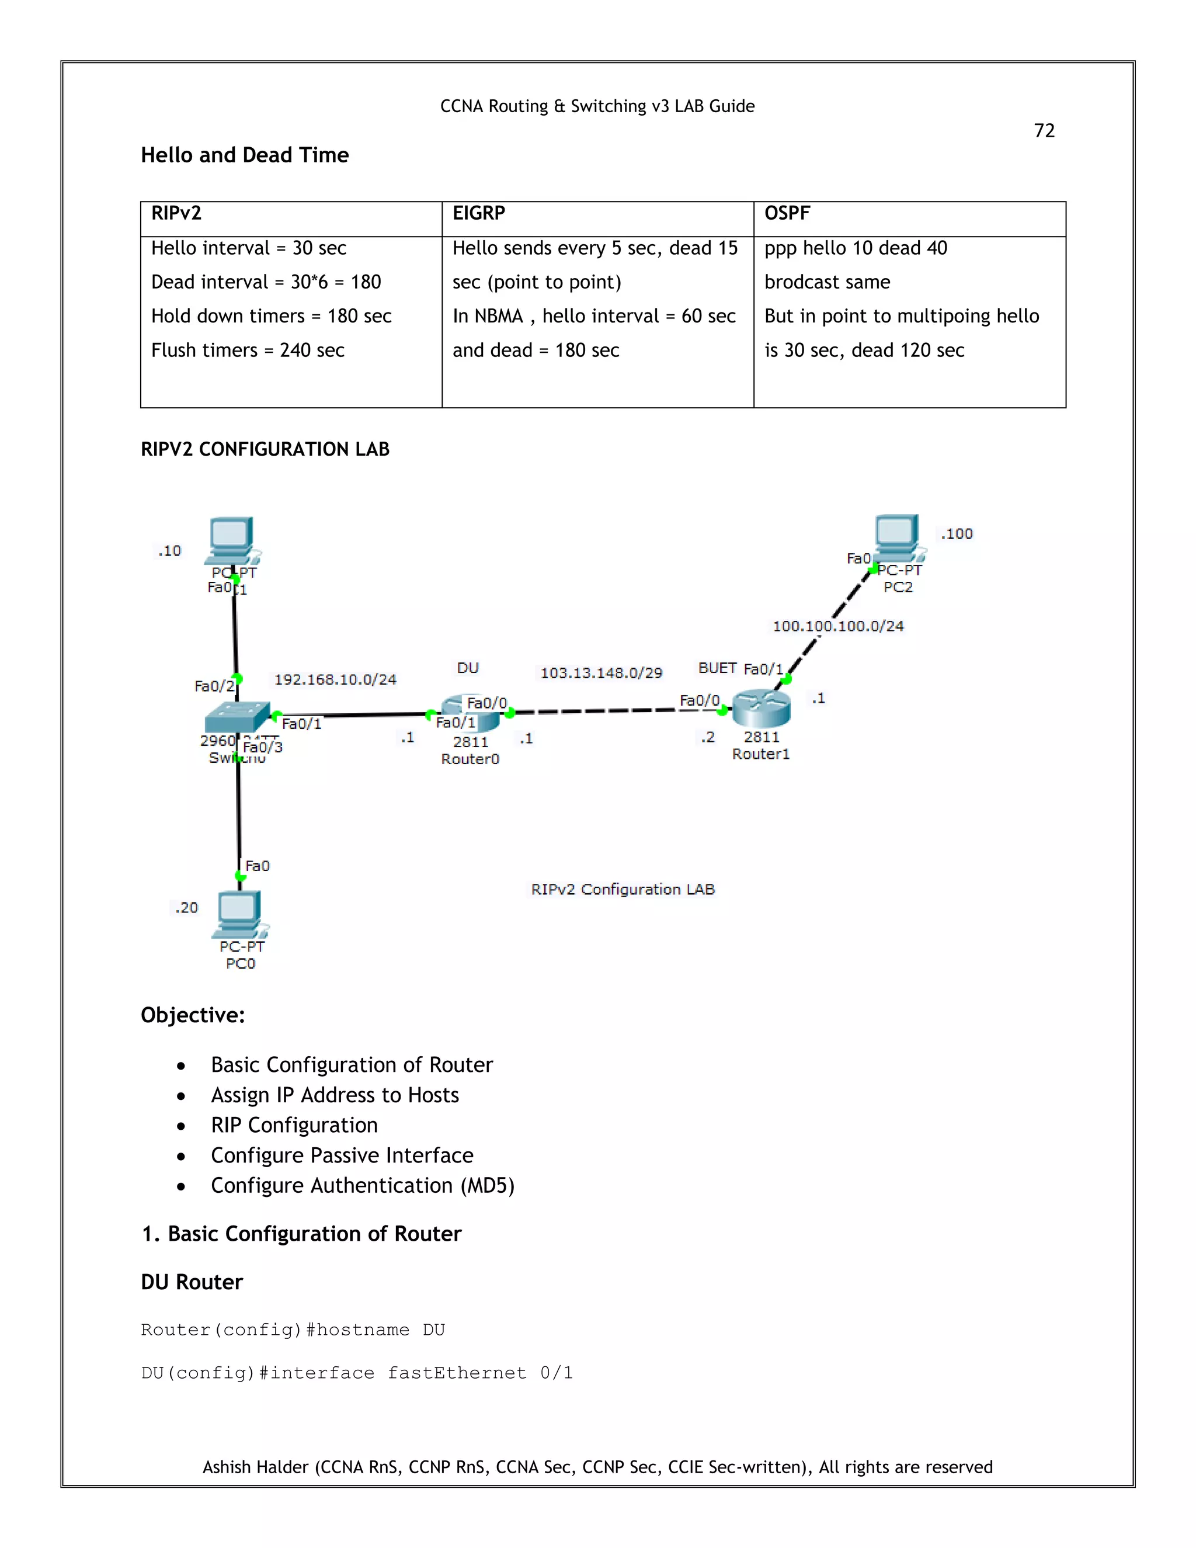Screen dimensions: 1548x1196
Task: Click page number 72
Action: click(x=1044, y=131)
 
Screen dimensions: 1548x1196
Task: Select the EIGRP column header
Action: click(x=478, y=213)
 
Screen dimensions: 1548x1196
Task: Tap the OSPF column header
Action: click(x=787, y=213)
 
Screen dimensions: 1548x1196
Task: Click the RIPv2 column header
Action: click(x=176, y=213)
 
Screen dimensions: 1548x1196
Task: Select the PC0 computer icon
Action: click(x=239, y=914)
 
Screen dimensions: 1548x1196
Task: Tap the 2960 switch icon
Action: click(x=236, y=717)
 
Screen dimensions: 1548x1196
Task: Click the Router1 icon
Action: click(x=761, y=708)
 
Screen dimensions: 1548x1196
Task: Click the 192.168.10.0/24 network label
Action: click(x=335, y=680)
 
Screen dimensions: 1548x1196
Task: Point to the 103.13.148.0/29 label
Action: click(x=601, y=672)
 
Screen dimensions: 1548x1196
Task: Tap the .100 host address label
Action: click(x=957, y=534)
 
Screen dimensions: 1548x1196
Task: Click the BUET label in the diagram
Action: click(x=717, y=668)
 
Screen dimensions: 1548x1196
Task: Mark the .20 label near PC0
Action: click(x=186, y=908)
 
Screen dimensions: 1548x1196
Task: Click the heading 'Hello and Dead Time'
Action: click(x=245, y=155)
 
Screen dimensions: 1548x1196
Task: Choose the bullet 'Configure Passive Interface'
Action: click(x=342, y=1155)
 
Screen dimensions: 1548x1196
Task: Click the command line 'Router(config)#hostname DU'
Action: click(x=293, y=1330)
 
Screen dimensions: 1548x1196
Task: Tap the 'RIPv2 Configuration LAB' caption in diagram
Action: click(x=623, y=890)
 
